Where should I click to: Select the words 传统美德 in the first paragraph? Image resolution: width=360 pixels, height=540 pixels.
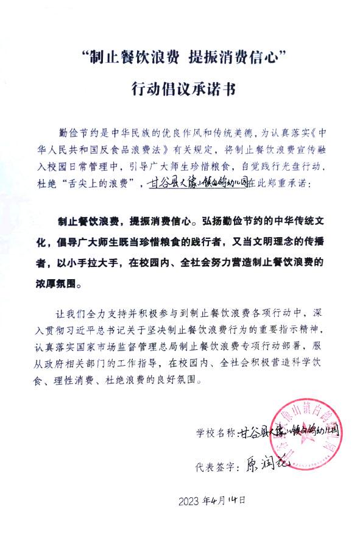pos(216,132)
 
